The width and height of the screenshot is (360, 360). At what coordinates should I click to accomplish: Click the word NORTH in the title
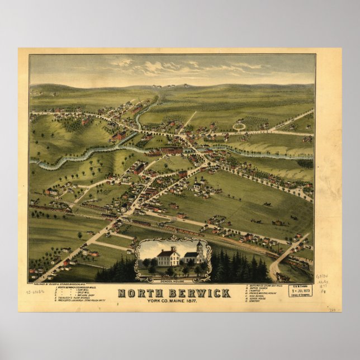click(139, 293)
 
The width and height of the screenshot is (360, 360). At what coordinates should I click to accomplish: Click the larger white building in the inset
click(168, 257)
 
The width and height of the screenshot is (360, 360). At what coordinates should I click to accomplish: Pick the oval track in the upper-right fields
click(240, 126)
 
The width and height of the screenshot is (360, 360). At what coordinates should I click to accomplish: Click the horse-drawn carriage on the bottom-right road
click(283, 277)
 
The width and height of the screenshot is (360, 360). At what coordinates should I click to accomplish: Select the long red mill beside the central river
click(171, 150)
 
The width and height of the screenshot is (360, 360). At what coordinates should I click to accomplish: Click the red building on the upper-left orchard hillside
click(119, 135)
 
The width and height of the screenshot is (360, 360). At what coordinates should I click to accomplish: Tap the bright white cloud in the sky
click(151, 68)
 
